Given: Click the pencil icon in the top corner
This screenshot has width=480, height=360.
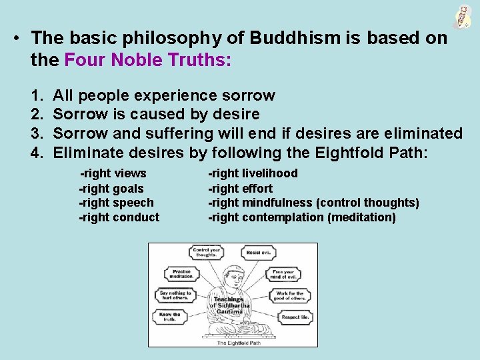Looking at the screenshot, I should point(461,17).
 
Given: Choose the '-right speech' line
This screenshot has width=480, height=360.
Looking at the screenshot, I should point(116,203).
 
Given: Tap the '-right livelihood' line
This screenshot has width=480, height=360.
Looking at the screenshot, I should point(253,174).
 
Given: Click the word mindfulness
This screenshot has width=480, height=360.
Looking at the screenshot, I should point(277,203).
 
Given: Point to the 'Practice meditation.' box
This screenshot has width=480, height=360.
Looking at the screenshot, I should point(181,275).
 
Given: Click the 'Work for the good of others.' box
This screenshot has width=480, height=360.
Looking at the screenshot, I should point(290,295).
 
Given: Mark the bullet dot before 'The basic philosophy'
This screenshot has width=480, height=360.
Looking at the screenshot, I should point(15,38).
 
